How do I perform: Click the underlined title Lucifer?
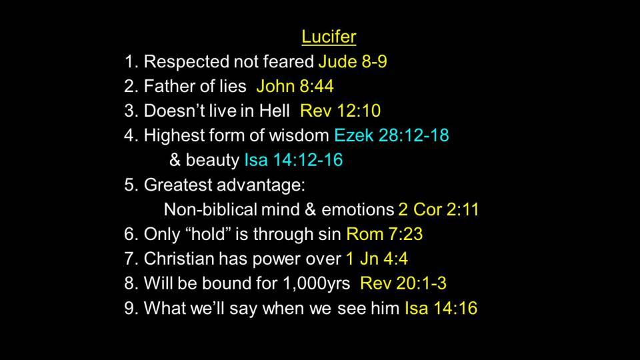tap(329, 37)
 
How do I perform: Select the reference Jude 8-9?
tap(353, 61)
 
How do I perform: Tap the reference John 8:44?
tap(295, 86)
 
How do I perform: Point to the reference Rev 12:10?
tap(341, 111)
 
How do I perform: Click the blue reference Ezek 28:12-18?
tap(391, 135)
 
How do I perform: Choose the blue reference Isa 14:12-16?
tap(293, 160)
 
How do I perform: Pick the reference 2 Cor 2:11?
tap(439, 209)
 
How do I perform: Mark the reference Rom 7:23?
tap(385, 234)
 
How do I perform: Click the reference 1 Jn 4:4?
tap(377, 259)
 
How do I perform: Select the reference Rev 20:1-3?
tap(403, 283)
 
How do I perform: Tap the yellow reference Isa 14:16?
tap(441, 308)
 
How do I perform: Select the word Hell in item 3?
tap(274, 111)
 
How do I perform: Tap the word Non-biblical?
tap(210, 209)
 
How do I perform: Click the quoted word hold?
tap(209, 234)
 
